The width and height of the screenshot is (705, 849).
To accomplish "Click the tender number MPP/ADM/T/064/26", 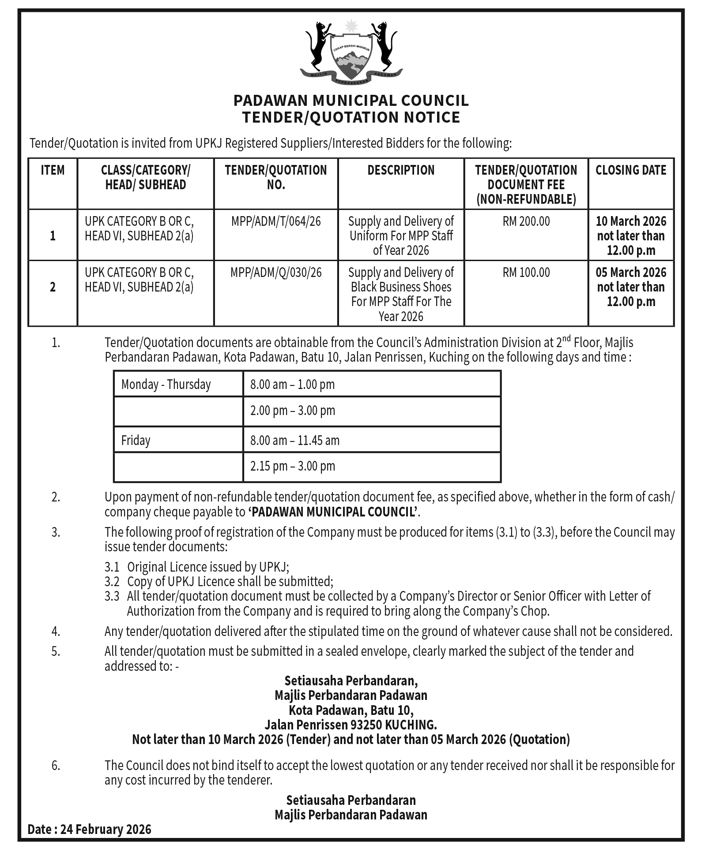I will [276, 221].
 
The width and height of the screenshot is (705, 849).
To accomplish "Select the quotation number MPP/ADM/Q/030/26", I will [276, 272].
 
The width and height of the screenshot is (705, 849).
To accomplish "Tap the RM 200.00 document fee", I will [526, 221].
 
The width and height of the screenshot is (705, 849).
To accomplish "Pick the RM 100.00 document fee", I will [526, 272].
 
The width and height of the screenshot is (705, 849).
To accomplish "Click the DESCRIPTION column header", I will [401, 170].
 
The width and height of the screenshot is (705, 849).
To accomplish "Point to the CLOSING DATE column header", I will [631, 170].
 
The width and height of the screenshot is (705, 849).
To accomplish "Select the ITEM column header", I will [53, 170].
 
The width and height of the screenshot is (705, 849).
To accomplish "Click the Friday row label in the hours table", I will [136, 440].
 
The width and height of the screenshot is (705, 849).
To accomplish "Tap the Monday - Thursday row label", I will [166, 384].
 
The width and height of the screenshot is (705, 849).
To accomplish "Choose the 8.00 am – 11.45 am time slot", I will [295, 440].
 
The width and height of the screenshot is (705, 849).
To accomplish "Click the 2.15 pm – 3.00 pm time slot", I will [293, 466].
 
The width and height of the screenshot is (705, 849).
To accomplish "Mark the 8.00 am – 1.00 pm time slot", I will [293, 384].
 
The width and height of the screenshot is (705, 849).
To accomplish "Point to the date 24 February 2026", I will [106, 830].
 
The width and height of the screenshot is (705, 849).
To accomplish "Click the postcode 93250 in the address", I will [366, 725].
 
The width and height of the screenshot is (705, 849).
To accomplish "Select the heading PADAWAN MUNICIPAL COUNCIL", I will [351, 101].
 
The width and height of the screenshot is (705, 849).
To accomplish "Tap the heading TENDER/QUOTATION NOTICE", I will [351, 117].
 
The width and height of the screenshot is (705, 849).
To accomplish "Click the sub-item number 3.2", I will [112, 581].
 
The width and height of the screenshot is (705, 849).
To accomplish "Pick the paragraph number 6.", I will [56, 765].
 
